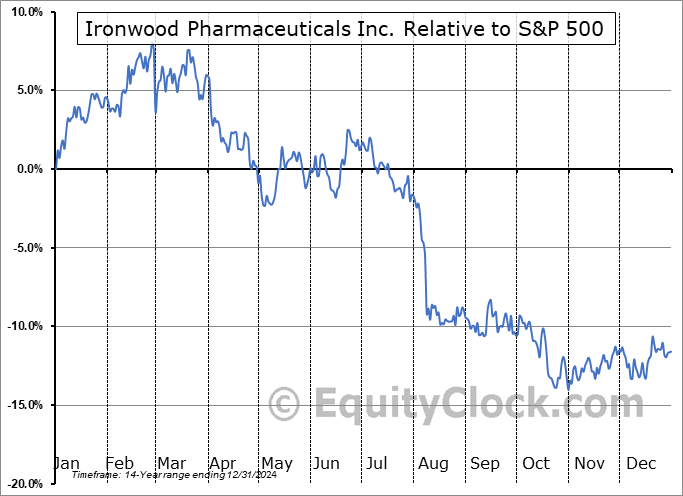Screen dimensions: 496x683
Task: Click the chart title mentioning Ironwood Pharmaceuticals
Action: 345,29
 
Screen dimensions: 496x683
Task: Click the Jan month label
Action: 67,463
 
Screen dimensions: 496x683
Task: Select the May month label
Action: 276,463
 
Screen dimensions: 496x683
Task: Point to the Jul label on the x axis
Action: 378,463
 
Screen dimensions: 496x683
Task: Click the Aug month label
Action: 432,463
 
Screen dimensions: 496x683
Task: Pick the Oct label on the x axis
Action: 535,463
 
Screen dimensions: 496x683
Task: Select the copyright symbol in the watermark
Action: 285,404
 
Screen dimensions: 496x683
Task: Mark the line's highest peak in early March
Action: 152,45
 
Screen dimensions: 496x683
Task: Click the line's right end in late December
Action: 671,351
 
